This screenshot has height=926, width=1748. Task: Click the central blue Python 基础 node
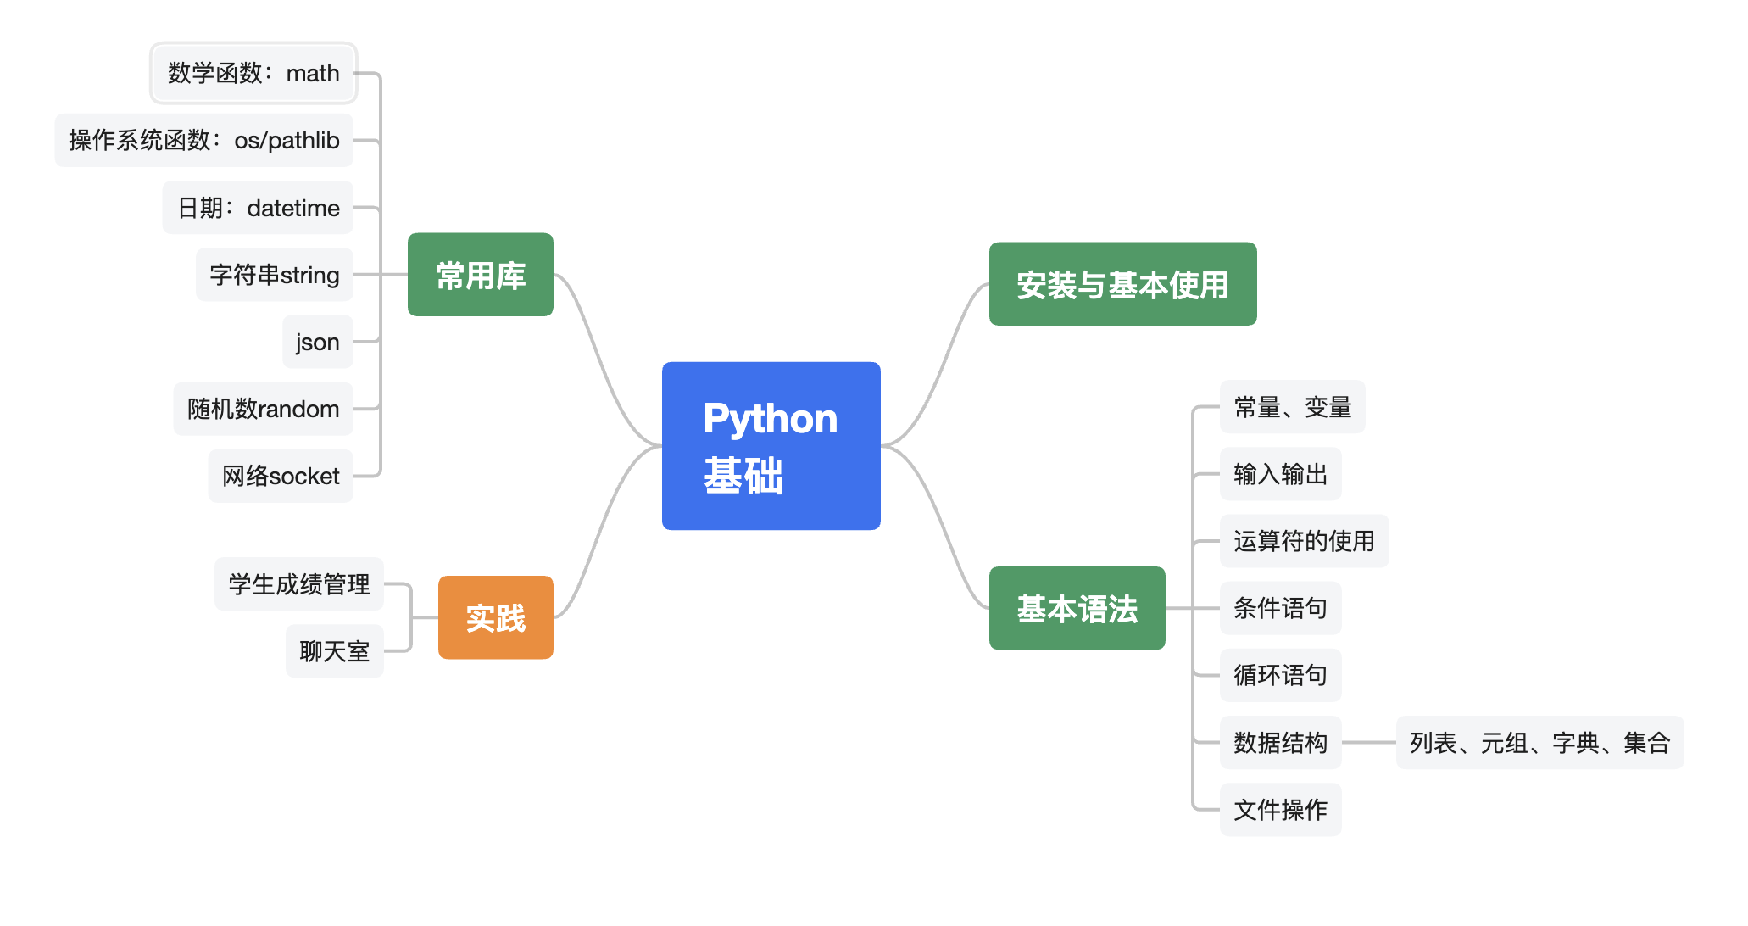[x=771, y=446]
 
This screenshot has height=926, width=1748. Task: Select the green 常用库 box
[x=480, y=275]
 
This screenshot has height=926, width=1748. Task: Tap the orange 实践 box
[x=495, y=617]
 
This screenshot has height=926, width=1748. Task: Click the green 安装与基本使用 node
[x=1122, y=284]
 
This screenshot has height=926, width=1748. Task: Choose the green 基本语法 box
[x=1077, y=608]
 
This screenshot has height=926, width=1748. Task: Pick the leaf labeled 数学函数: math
[x=253, y=73]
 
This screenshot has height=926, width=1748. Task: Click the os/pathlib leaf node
[x=203, y=140]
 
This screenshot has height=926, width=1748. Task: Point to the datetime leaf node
[x=258, y=208]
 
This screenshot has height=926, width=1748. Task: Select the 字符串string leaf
[x=274, y=275]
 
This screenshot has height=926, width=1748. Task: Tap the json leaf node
[x=317, y=342]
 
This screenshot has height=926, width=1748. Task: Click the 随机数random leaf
[x=263, y=409]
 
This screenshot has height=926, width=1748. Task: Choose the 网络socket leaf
[x=281, y=476]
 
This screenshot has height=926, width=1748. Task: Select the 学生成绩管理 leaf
[x=298, y=584]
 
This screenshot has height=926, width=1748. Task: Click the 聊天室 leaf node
[x=334, y=651]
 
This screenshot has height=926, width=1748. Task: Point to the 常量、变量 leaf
[x=1292, y=407]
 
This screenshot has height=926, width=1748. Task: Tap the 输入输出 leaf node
[x=1280, y=474]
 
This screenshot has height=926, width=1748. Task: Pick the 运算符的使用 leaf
[x=1304, y=541]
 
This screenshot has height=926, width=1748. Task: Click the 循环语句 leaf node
[x=1280, y=675]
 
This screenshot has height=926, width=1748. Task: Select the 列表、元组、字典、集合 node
[x=1539, y=743]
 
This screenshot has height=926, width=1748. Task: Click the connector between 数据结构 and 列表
[x=1368, y=743]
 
